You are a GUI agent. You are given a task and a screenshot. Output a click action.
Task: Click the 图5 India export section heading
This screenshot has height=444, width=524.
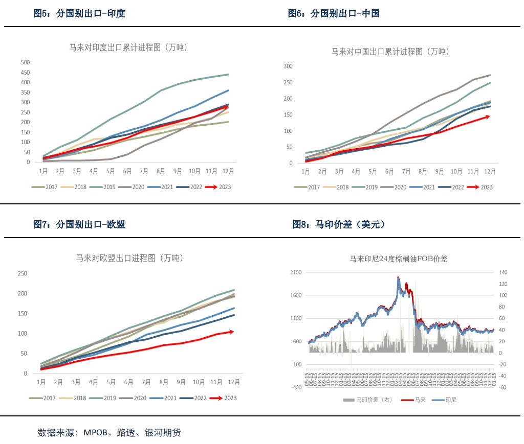click(x=79, y=14)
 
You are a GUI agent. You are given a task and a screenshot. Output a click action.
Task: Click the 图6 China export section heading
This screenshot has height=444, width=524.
click(x=334, y=14)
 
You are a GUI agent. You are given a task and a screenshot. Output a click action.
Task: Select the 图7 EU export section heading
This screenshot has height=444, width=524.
click(x=79, y=224)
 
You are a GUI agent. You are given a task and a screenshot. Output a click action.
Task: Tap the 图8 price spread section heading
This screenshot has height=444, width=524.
click(x=339, y=224)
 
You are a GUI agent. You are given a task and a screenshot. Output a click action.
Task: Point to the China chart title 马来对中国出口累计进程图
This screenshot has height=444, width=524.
click(x=390, y=52)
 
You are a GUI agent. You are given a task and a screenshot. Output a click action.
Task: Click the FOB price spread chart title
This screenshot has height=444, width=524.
click(x=399, y=259)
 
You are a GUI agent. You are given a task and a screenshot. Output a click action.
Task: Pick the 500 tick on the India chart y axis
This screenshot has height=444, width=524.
click(x=25, y=62)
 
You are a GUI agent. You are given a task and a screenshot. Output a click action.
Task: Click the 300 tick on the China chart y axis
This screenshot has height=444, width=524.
click(x=288, y=66)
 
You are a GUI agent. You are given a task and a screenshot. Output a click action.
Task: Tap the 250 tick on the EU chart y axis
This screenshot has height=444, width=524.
click(x=23, y=274)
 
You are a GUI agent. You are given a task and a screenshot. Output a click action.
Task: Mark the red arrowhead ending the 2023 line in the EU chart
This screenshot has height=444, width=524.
click(x=232, y=332)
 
